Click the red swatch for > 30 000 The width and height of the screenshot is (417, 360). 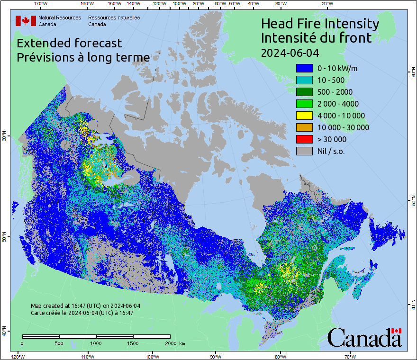pyautogui.click(x=304, y=139)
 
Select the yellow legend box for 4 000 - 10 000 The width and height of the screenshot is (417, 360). pyautogui.click(x=304, y=116)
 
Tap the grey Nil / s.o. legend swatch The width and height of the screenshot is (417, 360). pyautogui.click(x=304, y=151)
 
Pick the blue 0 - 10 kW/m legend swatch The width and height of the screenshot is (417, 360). pyautogui.click(x=304, y=68)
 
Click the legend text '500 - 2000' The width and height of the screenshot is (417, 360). pyautogui.click(x=335, y=92)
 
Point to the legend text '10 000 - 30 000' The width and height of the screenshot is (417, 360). pyautogui.click(x=344, y=127)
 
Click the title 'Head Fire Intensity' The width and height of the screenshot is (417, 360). pyautogui.click(x=320, y=24)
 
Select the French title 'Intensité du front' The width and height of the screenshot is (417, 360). pyautogui.click(x=317, y=37)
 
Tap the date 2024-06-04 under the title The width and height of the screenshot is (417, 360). pyautogui.click(x=290, y=52)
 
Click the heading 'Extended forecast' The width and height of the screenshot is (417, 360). pyautogui.click(x=69, y=43)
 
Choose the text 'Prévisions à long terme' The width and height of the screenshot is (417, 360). pyautogui.click(x=83, y=57)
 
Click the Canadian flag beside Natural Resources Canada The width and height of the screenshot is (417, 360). pyautogui.click(x=26, y=21)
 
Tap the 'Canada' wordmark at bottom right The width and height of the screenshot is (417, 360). pyautogui.click(x=364, y=337)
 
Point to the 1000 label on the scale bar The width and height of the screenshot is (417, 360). pyautogui.click(x=96, y=343)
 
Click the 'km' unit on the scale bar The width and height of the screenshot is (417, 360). pyautogui.click(x=182, y=343)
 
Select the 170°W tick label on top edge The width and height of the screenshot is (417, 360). pyautogui.click(x=41, y=4)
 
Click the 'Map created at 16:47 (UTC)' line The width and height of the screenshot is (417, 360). pyautogui.click(x=85, y=306)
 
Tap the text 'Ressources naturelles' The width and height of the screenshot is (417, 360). pyautogui.click(x=114, y=18)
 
